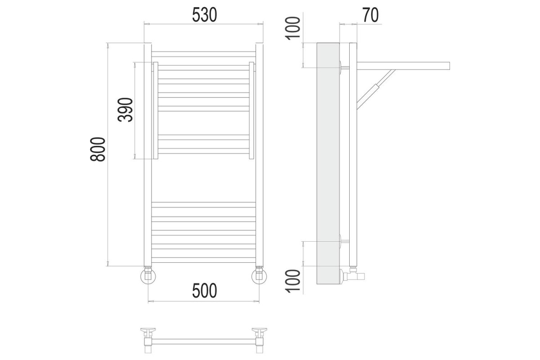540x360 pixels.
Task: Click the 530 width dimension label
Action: click(x=204, y=15)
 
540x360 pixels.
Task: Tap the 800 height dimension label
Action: click(x=98, y=149)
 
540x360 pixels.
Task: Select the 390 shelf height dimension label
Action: click(x=126, y=110)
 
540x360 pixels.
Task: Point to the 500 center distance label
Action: click(x=204, y=291)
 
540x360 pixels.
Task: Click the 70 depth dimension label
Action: click(x=370, y=15)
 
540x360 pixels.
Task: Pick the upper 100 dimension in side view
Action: click(x=293, y=28)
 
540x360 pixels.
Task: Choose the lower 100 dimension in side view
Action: click(x=293, y=281)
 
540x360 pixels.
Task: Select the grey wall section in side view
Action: click(x=328, y=163)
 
